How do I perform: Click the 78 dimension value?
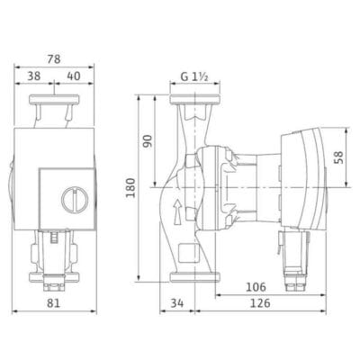point(54,59)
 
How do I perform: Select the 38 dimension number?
point(34,76)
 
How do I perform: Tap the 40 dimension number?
point(74,76)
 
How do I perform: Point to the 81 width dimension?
point(54,303)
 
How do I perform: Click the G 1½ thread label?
point(194,76)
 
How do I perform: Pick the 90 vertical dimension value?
point(148,140)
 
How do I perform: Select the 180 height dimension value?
point(130,187)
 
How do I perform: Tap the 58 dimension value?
point(338,157)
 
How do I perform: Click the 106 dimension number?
point(256,287)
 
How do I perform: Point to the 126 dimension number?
point(260,303)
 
